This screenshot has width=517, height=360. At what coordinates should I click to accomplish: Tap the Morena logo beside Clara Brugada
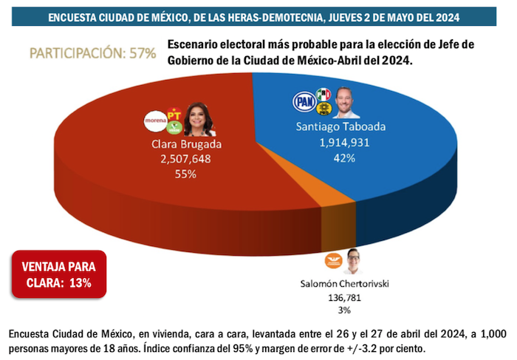tap(157, 120)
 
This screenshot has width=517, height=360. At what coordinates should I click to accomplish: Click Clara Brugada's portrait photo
tap(199, 118)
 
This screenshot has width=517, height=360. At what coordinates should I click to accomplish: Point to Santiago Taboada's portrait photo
tap(346, 103)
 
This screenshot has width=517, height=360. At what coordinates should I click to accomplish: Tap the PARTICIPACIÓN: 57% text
tap(92, 53)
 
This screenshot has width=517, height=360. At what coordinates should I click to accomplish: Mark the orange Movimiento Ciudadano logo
tap(331, 261)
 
